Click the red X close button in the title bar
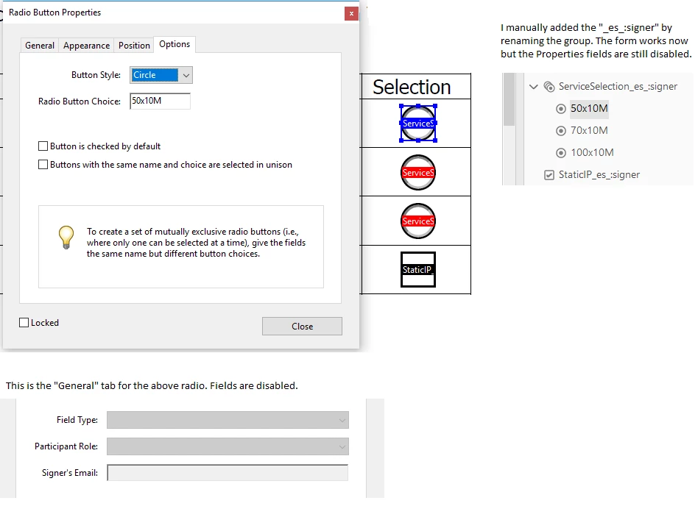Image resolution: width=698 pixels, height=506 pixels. (x=351, y=13)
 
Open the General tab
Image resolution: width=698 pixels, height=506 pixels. (x=40, y=46)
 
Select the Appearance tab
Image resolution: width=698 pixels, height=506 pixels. (x=86, y=46)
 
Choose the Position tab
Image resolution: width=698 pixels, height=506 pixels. (x=134, y=46)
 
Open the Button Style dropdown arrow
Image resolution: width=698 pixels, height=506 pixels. (x=186, y=75)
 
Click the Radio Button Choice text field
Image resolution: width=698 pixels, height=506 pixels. (x=161, y=101)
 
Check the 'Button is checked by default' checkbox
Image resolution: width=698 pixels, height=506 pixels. (x=43, y=146)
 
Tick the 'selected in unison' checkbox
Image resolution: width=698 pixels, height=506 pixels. (x=43, y=165)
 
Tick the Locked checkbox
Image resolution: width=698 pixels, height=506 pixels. (x=24, y=323)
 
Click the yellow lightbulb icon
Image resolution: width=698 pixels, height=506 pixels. (x=66, y=237)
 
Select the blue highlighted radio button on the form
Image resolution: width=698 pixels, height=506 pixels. (x=418, y=123)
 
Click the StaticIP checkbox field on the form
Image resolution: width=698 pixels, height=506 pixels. (x=418, y=269)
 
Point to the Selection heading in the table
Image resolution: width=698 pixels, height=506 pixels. (x=412, y=87)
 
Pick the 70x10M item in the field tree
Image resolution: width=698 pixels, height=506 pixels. (x=589, y=130)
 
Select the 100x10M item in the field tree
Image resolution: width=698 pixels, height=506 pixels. (x=592, y=152)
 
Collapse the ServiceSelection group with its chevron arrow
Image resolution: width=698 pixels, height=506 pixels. (x=533, y=86)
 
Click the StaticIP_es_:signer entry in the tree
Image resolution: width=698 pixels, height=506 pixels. (x=599, y=175)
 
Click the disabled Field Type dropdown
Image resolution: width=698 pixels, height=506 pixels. (x=228, y=420)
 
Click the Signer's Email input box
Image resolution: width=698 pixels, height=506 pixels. (x=228, y=473)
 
